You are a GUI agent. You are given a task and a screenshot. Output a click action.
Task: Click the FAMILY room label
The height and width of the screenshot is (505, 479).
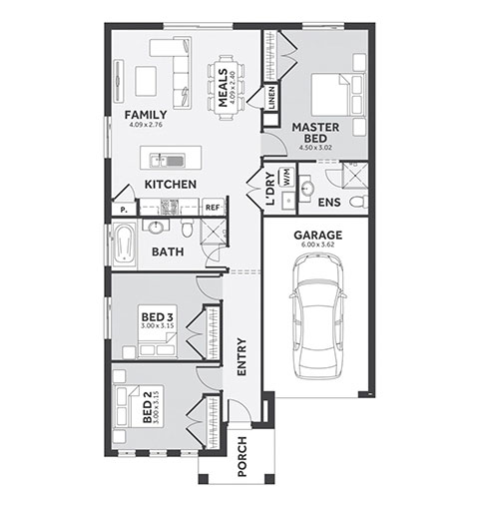[146, 115]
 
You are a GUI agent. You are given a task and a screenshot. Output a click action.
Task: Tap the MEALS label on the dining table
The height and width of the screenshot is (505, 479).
[223, 88]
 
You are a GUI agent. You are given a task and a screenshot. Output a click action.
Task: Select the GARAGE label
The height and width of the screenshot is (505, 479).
[317, 236]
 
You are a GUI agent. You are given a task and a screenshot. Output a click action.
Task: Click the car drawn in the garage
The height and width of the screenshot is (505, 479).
[317, 316]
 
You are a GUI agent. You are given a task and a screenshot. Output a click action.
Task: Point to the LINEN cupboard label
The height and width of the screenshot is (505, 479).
[271, 98]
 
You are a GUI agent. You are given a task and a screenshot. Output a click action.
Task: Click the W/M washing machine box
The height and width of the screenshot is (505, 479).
[286, 177]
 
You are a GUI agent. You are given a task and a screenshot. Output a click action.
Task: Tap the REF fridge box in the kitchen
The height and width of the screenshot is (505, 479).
[213, 208]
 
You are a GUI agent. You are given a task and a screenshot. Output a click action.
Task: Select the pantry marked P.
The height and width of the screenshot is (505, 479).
[124, 210]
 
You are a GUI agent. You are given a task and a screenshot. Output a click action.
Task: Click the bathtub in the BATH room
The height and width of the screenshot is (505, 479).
[125, 245]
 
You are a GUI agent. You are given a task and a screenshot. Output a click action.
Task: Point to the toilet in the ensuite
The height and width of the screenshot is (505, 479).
[359, 202]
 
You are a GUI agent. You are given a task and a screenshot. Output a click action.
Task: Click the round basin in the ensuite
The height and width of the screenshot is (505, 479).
[306, 189]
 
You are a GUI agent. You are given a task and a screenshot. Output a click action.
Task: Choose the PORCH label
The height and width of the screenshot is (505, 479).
[242, 456]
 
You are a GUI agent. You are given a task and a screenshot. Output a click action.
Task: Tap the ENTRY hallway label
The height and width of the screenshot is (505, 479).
[241, 357]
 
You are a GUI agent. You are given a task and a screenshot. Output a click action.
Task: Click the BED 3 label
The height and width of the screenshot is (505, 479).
[158, 316]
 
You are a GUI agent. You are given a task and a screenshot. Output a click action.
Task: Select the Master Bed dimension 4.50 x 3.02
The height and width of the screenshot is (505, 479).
[315, 148]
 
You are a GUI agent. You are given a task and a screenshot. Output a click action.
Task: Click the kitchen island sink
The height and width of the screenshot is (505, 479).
[167, 161]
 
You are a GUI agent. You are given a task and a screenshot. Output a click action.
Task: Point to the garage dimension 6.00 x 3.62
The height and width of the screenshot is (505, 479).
[317, 245]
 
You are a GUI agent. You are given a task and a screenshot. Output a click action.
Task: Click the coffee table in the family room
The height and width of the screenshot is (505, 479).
[146, 81]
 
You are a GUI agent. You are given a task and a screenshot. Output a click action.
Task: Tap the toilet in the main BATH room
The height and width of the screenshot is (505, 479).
[187, 228]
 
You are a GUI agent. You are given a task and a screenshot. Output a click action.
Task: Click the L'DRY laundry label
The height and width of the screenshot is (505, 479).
[270, 189]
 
